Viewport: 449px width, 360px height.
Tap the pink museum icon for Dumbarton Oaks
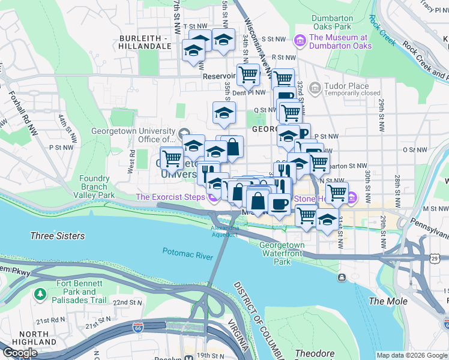click(300, 40)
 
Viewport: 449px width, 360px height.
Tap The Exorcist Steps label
click(170, 197)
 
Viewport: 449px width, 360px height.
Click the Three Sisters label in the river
click(58, 236)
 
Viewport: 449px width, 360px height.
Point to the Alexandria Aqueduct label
click(224, 231)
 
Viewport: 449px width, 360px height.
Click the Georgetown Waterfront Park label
click(282, 253)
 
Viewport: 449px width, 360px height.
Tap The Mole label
click(388, 301)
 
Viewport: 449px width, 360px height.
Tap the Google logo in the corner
click(19, 353)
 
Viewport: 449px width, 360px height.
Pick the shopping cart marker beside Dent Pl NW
click(247, 75)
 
